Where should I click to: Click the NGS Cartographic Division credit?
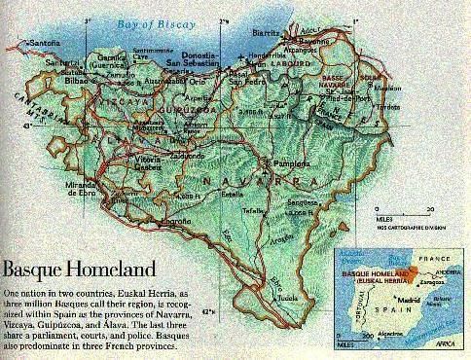pos(401,234)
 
